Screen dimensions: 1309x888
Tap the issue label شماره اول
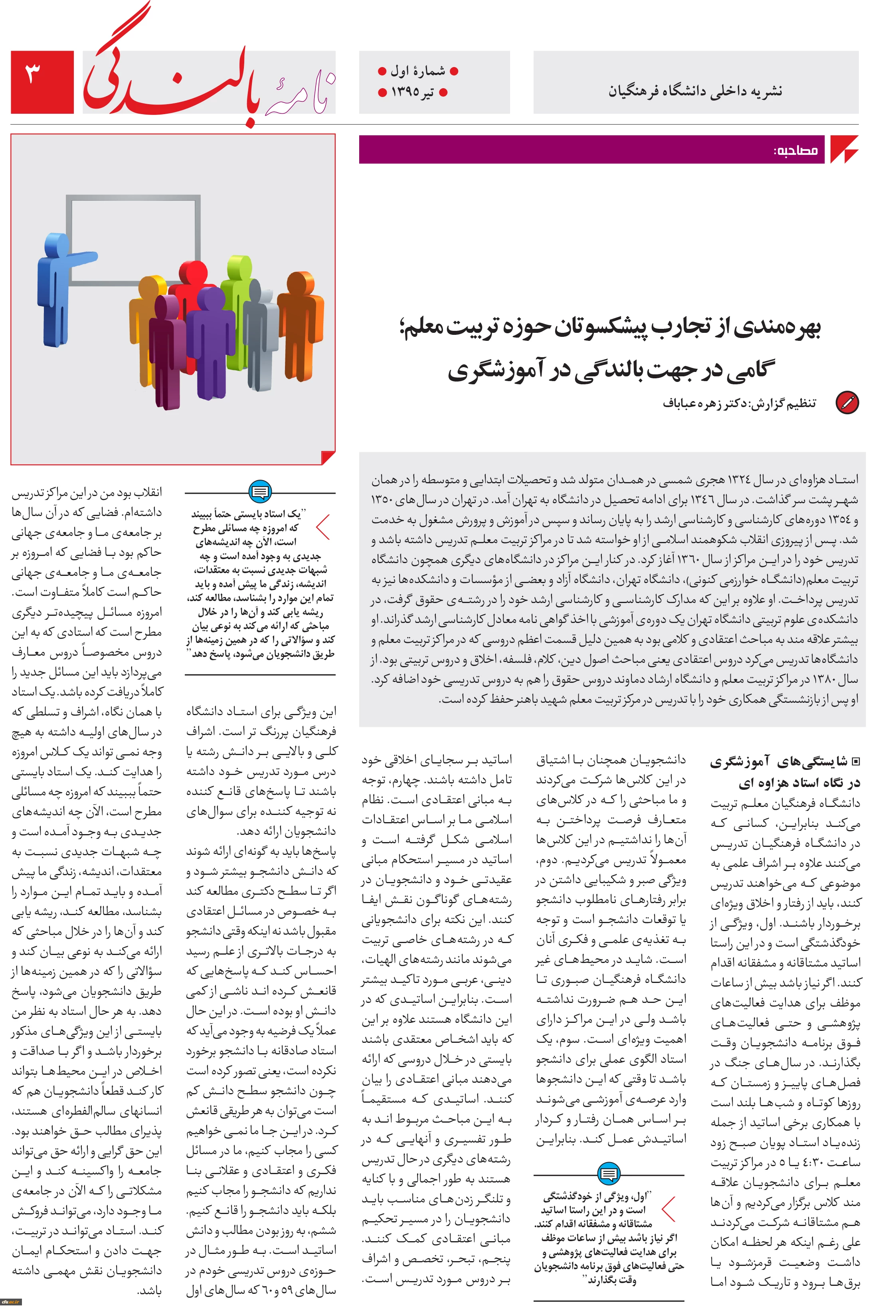pyautogui.click(x=417, y=71)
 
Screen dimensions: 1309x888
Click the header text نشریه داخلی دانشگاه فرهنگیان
pyautogui.click(x=695, y=91)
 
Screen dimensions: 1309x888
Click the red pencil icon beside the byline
pyautogui.click(x=846, y=403)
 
